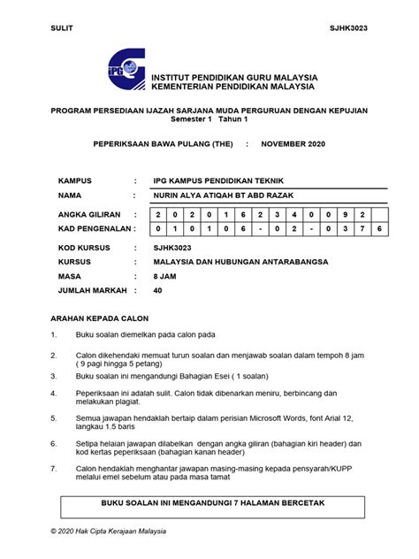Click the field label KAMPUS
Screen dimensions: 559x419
pyautogui.click(x=75, y=180)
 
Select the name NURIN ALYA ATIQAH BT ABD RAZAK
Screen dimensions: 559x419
pyautogui.click(x=228, y=195)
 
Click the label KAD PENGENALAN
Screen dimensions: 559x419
pyautogui.click(x=92, y=228)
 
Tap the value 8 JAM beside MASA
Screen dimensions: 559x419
pyautogui.click(x=164, y=276)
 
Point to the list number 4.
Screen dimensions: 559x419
pyautogui.click(x=54, y=393)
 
